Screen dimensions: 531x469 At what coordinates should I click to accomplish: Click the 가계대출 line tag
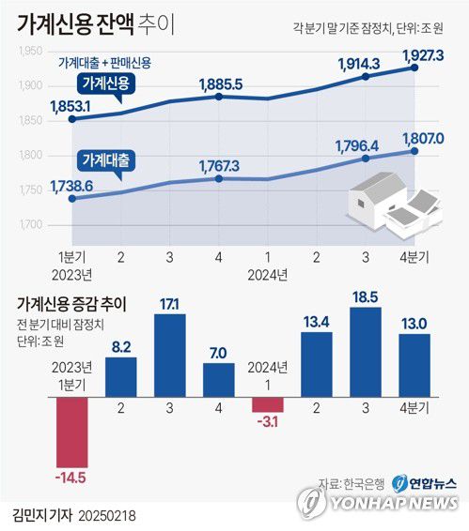[x=106, y=159]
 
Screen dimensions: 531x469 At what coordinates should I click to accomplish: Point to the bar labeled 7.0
[x=218, y=378]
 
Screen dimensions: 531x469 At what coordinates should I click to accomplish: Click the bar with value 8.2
[x=120, y=374]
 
